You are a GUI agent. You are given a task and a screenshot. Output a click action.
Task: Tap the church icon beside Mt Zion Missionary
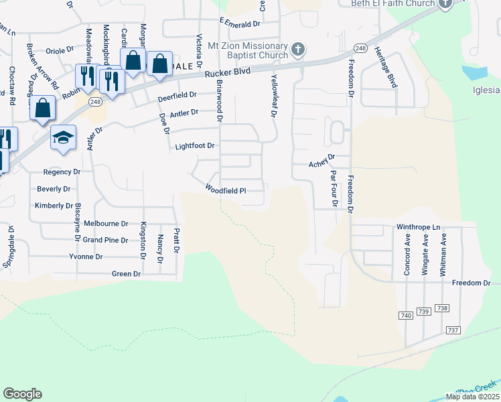click(x=299, y=49)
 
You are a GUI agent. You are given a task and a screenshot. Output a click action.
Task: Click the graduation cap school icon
click(x=64, y=138)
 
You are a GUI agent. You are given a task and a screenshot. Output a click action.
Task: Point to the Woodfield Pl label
click(x=225, y=190)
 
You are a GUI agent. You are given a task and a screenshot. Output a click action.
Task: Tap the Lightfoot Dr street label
click(x=194, y=145)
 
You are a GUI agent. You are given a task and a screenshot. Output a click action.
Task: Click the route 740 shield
click(x=405, y=315)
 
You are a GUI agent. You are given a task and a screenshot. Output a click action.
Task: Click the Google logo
click(x=22, y=394)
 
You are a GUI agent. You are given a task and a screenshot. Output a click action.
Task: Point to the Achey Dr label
click(x=321, y=164)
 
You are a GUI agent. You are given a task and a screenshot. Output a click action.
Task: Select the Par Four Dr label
click(x=333, y=188)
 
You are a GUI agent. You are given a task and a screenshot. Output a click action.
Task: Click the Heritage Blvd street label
click(x=386, y=68)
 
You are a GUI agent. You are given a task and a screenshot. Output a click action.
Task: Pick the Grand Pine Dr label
click(x=105, y=240)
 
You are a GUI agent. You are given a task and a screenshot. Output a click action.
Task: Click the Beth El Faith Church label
click(x=393, y=3)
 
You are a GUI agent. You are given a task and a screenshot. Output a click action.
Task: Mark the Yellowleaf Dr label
click(x=274, y=95)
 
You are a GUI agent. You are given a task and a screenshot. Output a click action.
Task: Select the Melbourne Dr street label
click(x=105, y=223)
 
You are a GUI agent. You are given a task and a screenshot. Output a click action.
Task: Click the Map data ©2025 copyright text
click(x=472, y=397)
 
